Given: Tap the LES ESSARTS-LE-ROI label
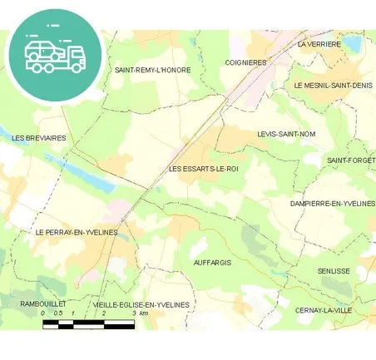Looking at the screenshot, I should pos(203,169).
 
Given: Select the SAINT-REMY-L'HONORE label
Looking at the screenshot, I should pos(153,70).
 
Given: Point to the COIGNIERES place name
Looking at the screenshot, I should pos(245,62).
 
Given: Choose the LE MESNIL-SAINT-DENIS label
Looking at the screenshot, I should pos(333,85).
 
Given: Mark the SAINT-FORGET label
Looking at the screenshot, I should pos(350,160).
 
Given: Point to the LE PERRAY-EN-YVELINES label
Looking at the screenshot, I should pos(77,232).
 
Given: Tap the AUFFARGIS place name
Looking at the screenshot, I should pos(211,262).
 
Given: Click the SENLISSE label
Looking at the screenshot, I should pos(334,271).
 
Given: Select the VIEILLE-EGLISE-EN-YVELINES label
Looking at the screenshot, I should pos(141,304).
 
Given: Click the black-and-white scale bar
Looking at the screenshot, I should pos(89,322).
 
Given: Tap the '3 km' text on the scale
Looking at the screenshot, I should pos(143,313).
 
